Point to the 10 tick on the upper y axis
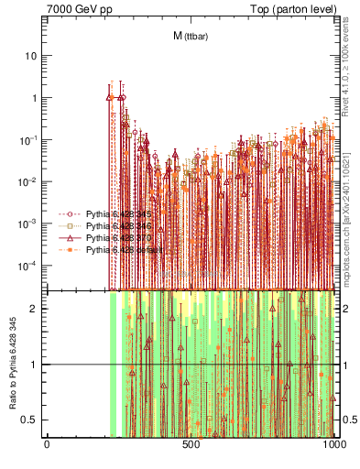(30, 56)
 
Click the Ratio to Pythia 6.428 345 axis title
(12, 364)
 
